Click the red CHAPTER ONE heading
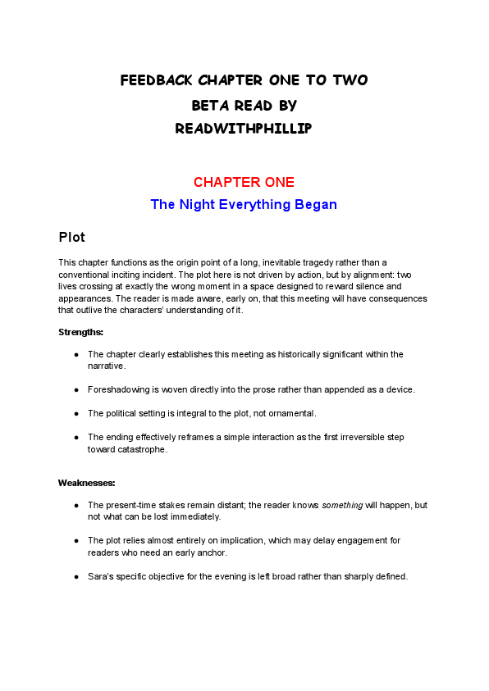click(244, 182)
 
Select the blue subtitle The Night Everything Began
click(244, 204)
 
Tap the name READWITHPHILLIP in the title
click(244, 129)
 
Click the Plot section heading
click(71, 238)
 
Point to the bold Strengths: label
click(80, 332)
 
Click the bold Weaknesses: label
click(86, 483)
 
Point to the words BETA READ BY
click(244, 106)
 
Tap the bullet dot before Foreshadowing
click(76, 389)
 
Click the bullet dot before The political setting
click(76, 413)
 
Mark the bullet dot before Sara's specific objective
click(76, 576)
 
